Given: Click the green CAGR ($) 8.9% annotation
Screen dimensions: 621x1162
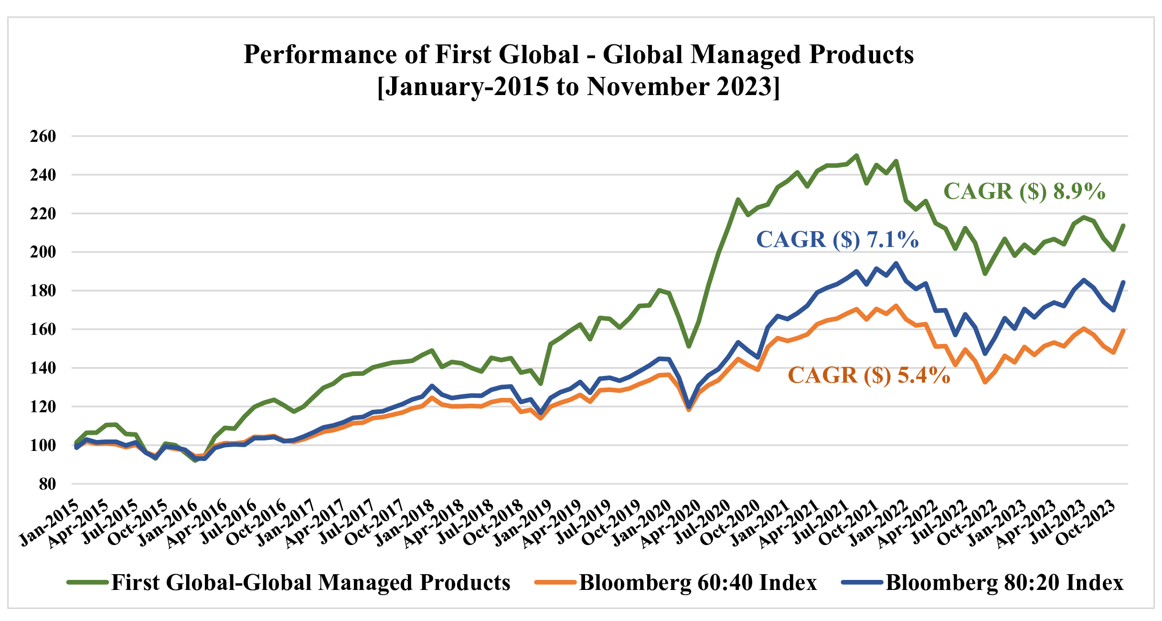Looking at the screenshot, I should pos(1024,192).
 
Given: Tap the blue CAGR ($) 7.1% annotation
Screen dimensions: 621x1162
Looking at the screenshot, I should pos(837,239).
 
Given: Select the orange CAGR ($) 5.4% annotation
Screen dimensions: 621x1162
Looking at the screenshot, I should pos(869,375).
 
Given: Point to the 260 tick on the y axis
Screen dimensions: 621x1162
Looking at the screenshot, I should pos(43,136).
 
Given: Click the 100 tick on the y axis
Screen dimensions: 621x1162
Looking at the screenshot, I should pos(43,445).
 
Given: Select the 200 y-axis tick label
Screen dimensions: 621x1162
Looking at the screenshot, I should pos(43,252).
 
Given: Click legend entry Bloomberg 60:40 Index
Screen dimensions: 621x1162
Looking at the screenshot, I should pos(698,582).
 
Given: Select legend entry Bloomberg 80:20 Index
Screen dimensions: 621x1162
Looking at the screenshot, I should pos(1004,582).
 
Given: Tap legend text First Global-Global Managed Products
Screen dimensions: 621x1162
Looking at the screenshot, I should pos(310,582).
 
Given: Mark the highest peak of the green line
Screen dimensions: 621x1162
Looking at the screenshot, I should pos(856,155).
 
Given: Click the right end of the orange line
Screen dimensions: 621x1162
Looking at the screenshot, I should pos(1123,331).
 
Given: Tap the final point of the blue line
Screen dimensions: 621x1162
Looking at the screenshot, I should pos(1123,282).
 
